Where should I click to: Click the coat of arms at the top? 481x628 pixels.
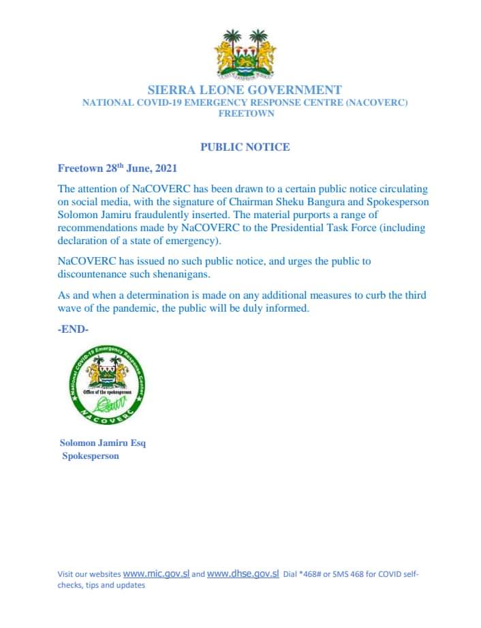(x=245, y=53)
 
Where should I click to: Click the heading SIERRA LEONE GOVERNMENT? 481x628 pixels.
(x=245, y=90)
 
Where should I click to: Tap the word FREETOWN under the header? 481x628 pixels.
(x=246, y=114)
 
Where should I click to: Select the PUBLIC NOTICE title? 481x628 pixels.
(x=245, y=147)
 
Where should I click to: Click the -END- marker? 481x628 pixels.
(x=74, y=329)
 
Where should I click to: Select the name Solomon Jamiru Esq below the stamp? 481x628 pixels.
(x=103, y=443)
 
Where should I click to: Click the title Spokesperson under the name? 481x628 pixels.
(x=91, y=456)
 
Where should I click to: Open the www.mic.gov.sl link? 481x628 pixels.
(x=156, y=574)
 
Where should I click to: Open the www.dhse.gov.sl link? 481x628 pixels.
(x=243, y=574)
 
